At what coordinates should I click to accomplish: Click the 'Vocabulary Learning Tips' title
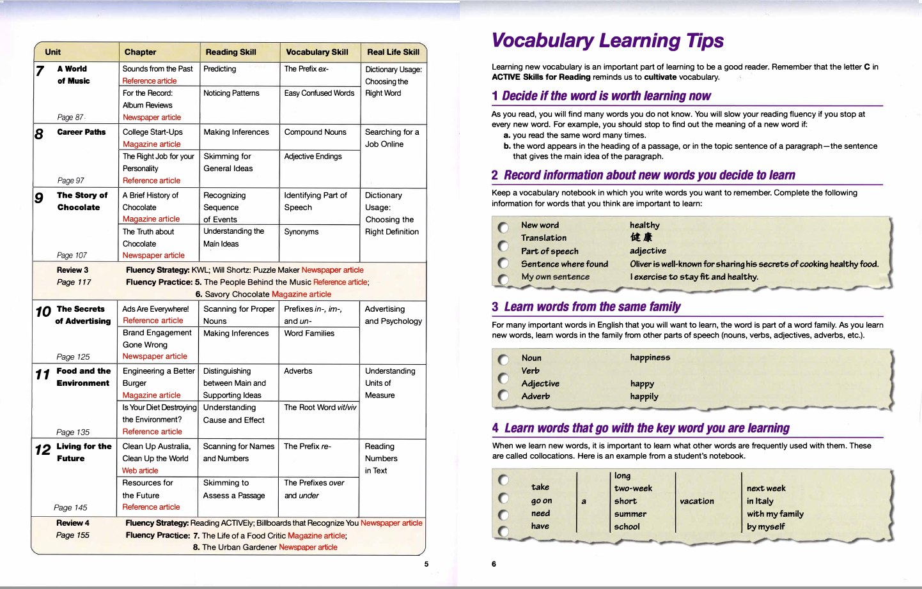click(607, 41)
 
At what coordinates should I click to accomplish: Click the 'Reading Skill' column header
click(231, 52)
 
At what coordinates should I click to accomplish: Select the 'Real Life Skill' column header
click(393, 52)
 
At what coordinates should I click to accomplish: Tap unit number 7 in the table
click(40, 71)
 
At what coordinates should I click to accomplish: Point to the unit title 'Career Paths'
click(81, 132)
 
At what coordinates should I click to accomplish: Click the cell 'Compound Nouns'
click(315, 132)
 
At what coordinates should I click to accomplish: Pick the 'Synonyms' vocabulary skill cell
click(301, 232)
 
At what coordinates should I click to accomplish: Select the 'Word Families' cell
click(309, 333)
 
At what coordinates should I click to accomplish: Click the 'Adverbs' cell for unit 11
click(298, 371)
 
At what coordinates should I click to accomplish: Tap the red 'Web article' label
click(140, 471)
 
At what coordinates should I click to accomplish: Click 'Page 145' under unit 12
click(70, 508)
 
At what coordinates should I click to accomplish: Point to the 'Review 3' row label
click(72, 270)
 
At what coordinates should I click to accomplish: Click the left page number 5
click(426, 564)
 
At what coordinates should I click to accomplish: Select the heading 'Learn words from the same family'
click(592, 307)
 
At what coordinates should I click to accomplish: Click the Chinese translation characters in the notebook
click(641, 238)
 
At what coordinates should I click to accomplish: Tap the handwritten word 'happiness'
click(650, 358)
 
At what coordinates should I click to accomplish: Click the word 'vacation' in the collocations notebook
click(697, 501)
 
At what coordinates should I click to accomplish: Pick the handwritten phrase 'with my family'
click(775, 514)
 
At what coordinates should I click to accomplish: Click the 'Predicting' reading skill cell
click(220, 69)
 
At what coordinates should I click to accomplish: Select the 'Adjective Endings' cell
click(313, 157)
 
